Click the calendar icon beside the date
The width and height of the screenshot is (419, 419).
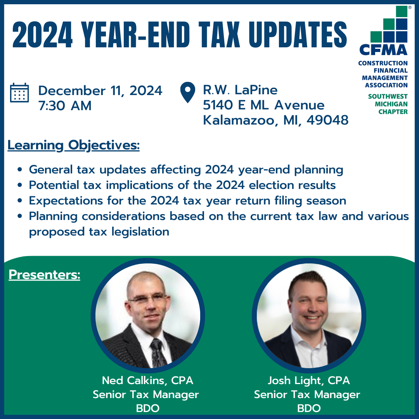coord(19,92)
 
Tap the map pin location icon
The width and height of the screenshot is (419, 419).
coord(188,92)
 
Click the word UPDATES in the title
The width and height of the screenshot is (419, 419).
coord(298,35)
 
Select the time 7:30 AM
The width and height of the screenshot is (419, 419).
coord(65,106)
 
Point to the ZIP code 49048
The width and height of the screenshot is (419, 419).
coord(327,120)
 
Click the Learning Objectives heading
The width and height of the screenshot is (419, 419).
coord(73,145)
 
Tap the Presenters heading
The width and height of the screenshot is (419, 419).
coord(44,274)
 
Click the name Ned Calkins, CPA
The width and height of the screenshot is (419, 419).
coord(147,380)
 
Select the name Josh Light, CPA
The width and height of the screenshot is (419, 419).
coord(309,380)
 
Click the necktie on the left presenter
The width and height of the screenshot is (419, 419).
coord(158,352)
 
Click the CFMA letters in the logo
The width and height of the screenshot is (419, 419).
coord(383,50)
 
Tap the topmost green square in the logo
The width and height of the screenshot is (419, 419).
coord(402,11)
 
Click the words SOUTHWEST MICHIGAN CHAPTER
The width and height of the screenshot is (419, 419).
coord(388,104)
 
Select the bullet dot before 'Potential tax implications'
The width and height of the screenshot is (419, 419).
coord(19,185)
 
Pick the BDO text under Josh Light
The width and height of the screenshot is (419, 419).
coord(309,408)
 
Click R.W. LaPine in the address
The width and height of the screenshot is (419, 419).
coord(240,90)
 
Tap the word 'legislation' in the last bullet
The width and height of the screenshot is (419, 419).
coord(140,232)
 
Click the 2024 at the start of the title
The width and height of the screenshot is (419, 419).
coord(42,35)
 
